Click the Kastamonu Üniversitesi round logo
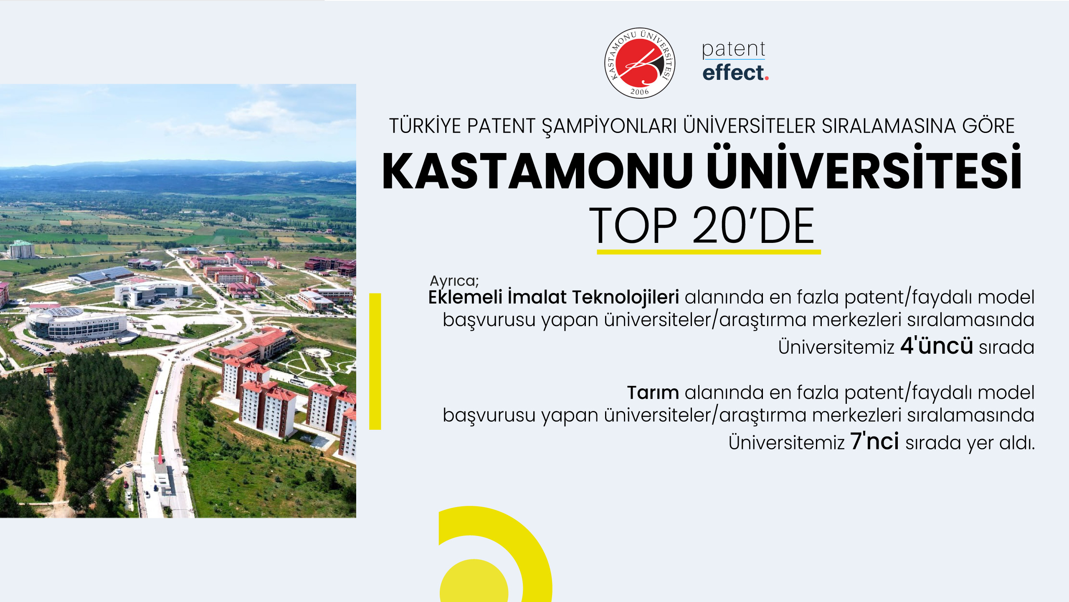(x=640, y=63)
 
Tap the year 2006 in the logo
(x=640, y=92)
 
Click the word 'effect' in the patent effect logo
(x=733, y=72)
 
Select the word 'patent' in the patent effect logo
(x=733, y=49)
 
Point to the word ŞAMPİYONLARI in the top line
(x=609, y=126)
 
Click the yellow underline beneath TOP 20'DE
(x=709, y=252)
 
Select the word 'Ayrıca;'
(x=454, y=281)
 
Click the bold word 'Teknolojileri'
(x=625, y=297)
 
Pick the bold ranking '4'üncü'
(x=936, y=346)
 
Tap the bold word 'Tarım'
(x=653, y=393)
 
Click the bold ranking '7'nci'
(x=874, y=441)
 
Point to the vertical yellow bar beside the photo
(x=375, y=361)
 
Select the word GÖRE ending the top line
(x=988, y=126)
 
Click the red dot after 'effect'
(x=767, y=78)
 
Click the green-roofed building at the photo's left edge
(x=22, y=249)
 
